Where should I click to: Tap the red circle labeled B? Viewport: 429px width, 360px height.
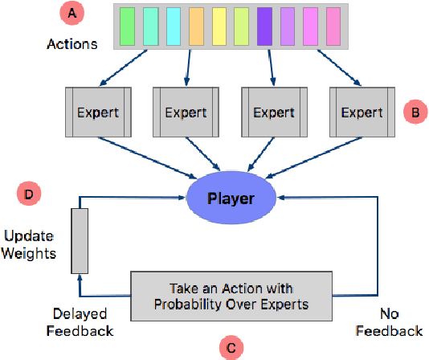415,113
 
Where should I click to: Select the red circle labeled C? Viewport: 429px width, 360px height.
231,347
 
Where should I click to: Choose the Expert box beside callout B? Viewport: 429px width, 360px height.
362,112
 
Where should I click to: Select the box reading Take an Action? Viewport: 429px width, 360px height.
231,295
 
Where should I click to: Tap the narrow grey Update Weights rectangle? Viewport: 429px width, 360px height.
79,240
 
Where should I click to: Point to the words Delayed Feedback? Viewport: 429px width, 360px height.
79,322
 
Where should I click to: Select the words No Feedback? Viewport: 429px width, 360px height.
388,322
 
